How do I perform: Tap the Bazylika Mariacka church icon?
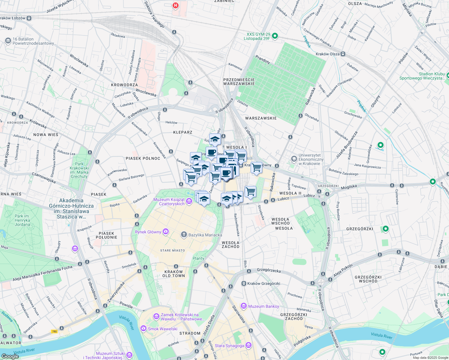(184, 235)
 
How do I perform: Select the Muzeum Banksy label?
(264, 306)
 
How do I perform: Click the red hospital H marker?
(175, 5)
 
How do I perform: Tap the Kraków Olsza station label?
(328, 54)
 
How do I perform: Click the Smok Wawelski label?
(162, 329)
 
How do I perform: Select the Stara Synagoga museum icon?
(248, 345)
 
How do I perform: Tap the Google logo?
(10, 356)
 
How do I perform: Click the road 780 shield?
(54, 331)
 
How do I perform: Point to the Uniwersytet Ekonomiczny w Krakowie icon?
(294, 159)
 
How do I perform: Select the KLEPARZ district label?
(182, 132)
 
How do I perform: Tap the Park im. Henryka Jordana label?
(23, 220)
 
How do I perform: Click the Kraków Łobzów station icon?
(29, 18)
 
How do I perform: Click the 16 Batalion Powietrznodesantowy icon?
(8, 41)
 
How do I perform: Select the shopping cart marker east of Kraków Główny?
(256, 168)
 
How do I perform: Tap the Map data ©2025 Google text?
(430, 358)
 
